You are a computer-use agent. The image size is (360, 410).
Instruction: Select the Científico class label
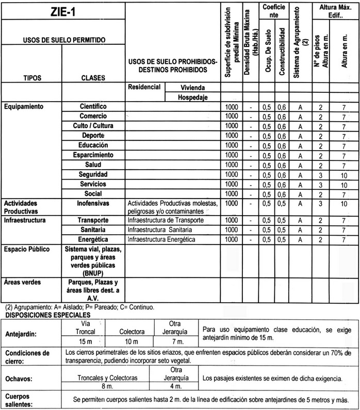click(93, 106)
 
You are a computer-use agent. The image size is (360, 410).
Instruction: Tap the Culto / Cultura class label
click(93, 126)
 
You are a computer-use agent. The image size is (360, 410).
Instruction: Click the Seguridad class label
click(93, 174)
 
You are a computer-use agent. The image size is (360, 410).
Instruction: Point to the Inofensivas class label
click(93, 204)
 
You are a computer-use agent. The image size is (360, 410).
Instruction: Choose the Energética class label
click(93, 240)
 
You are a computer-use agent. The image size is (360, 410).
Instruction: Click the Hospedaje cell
click(192, 96)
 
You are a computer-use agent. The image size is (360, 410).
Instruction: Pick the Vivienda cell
click(192, 87)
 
